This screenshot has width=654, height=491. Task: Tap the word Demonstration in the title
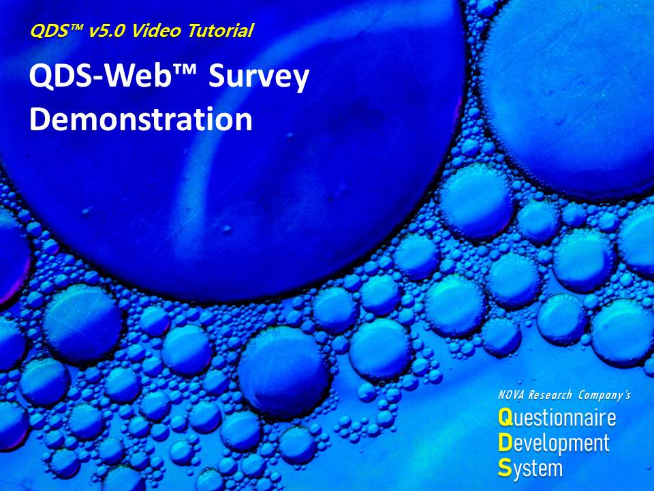tap(141, 119)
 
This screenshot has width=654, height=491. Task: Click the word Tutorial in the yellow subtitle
tap(220, 31)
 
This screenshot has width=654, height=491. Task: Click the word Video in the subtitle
tap(156, 31)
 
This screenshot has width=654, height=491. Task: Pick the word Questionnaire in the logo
tap(557, 418)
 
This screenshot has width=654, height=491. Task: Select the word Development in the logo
tap(554, 443)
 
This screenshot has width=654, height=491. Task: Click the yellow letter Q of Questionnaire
tap(505, 418)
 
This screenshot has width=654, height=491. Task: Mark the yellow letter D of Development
tap(505, 443)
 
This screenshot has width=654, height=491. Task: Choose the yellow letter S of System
tap(505, 468)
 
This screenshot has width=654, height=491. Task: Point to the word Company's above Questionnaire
tap(604, 395)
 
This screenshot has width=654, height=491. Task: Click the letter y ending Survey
tap(300, 83)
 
